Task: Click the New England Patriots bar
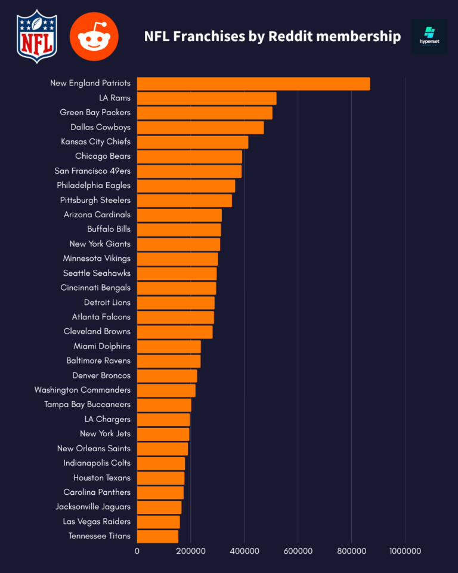tap(253, 84)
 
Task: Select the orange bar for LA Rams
tap(206, 98)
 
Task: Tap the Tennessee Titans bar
tap(157, 536)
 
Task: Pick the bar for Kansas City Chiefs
tap(193, 142)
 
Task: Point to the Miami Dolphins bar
tap(169, 346)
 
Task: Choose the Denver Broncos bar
tap(167, 375)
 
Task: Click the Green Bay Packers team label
tap(95, 112)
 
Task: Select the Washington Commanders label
tap(82, 390)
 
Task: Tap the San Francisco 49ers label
tap(92, 171)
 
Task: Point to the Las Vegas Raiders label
tap(97, 521)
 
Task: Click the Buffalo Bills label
tap(109, 229)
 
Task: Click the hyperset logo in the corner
tap(429, 36)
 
